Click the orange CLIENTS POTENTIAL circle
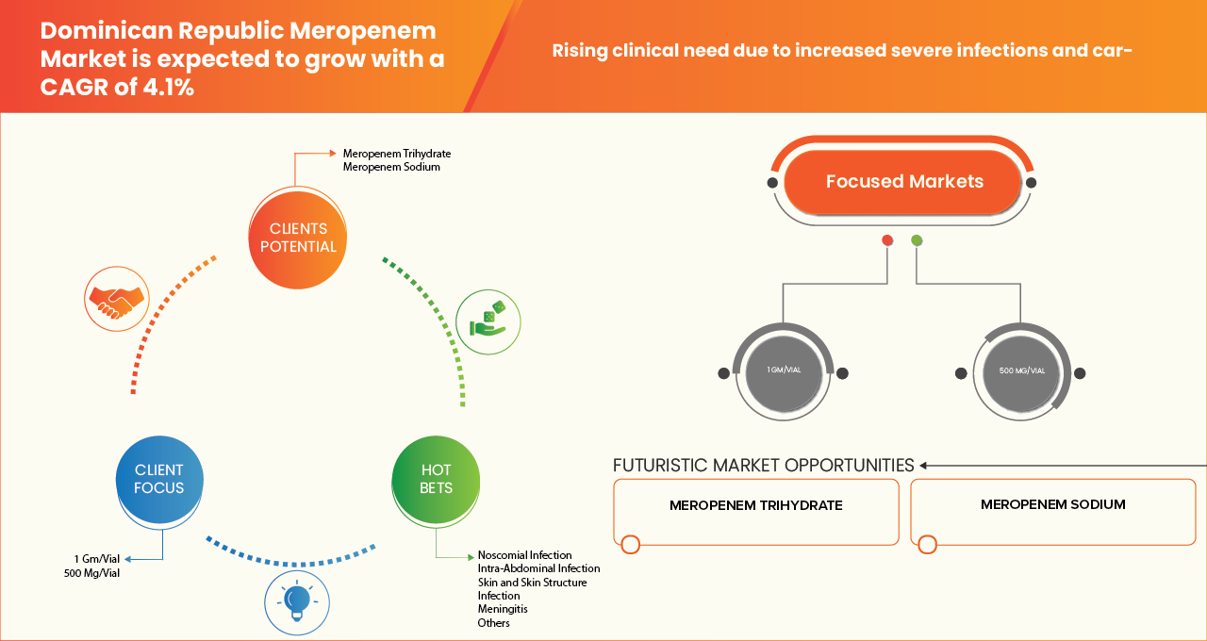click(297, 238)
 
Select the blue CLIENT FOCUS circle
click(159, 479)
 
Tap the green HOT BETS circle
click(436, 479)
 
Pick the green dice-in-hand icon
click(488, 320)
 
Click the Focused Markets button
click(903, 182)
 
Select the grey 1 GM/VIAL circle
click(783, 370)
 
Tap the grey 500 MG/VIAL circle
click(1021, 370)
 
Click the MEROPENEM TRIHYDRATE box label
click(755, 505)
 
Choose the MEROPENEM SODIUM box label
click(1052, 504)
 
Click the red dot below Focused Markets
click(886, 241)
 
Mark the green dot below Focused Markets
click(917, 241)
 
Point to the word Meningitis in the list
click(502, 609)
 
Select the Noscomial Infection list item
click(524, 555)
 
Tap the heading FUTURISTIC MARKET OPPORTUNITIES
click(763, 465)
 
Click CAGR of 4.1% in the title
click(117, 89)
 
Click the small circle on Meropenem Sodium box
click(927, 544)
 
